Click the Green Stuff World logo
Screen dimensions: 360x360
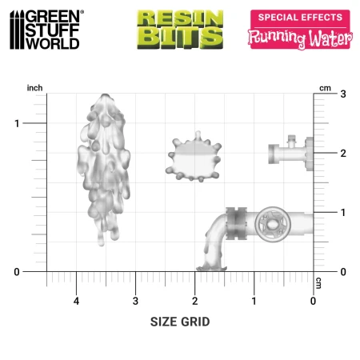click(x=46, y=30)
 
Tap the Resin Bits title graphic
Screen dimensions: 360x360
click(x=180, y=30)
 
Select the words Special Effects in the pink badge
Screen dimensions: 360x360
click(x=300, y=18)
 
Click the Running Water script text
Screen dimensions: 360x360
click(x=300, y=38)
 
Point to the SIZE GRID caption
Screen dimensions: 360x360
click(x=180, y=322)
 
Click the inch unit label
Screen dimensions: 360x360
click(x=34, y=88)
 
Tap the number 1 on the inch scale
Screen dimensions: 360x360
click(x=17, y=123)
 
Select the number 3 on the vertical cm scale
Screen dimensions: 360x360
click(x=343, y=94)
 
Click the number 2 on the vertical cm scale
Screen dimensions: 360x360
click(x=343, y=154)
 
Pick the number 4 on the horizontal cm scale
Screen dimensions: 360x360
click(x=76, y=301)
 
